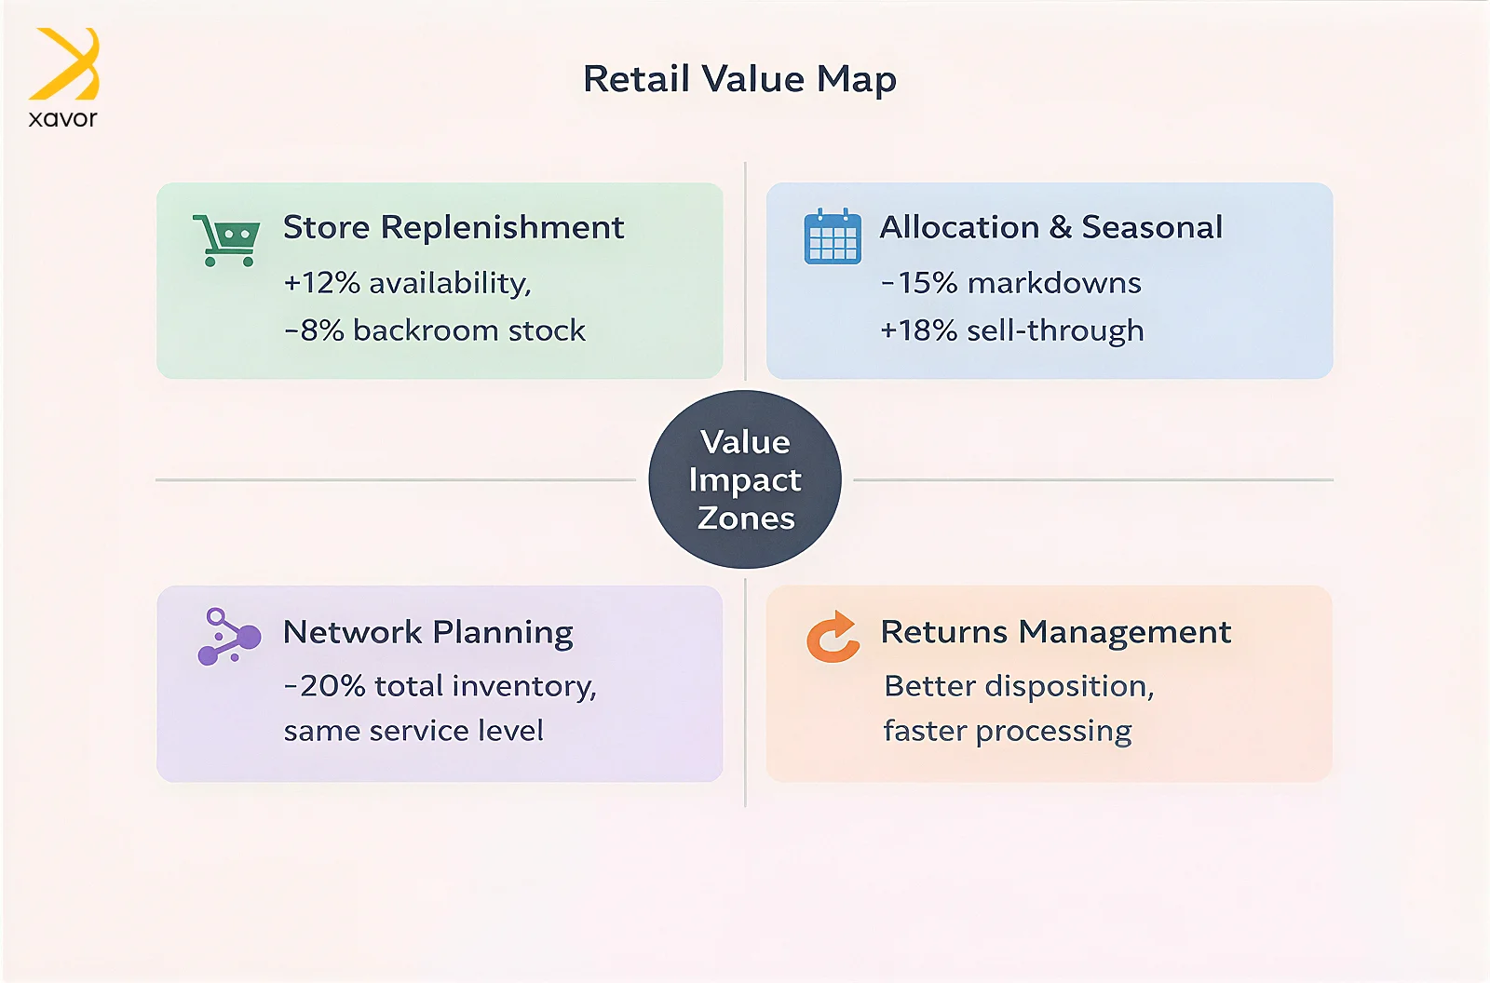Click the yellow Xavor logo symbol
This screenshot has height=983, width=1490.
pos(64,64)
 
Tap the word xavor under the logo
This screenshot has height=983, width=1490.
pos(63,118)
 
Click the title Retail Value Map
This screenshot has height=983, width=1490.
pos(739,79)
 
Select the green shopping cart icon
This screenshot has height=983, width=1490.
pos(226,240)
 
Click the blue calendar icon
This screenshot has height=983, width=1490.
pos(833,236)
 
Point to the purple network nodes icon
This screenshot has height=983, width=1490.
pos(229,636)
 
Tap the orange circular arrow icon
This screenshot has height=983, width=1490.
pos(833,637)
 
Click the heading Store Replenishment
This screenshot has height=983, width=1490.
pos(454,227)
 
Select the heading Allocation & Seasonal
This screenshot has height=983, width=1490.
pos(1051,227)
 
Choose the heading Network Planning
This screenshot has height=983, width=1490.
pos(427,632)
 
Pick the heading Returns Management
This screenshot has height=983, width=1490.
pos(1056,632)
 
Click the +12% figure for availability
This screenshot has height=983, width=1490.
pos(322,283)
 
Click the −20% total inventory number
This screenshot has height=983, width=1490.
pos(325,686)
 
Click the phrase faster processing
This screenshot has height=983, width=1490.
pos(1007,731)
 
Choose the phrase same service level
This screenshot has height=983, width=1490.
pos(413,730)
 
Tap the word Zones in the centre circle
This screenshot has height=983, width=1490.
pos(746,518)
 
